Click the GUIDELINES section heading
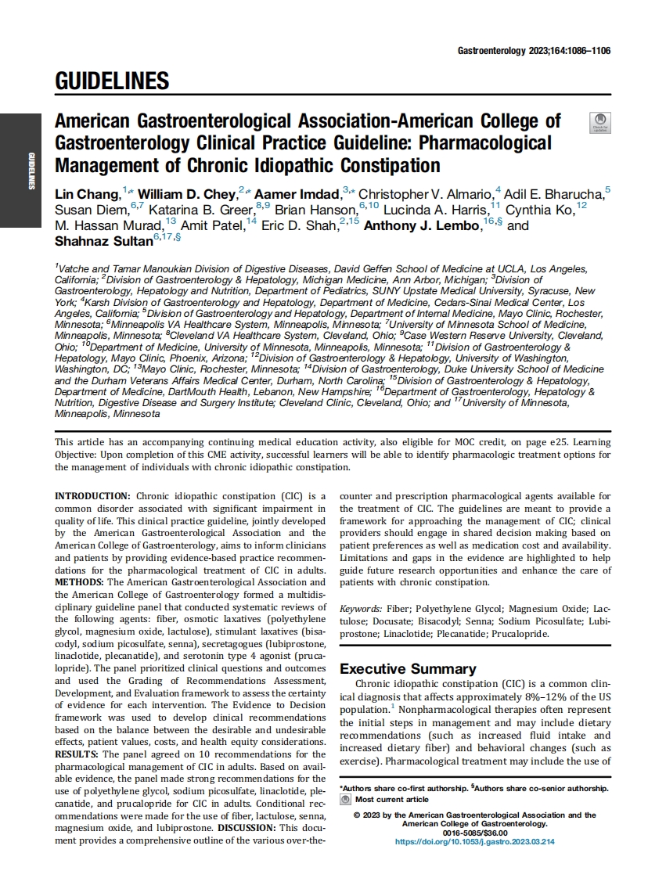point(112,81)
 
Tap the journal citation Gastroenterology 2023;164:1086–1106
point(534,51)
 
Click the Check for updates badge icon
point(600,123)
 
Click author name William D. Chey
point(186,194)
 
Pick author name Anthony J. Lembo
point(422,225)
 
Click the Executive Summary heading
point(407,669)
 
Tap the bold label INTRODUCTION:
point(92,496)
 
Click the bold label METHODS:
point(79,582)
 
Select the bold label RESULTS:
point(77,754)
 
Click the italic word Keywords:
point(361,609)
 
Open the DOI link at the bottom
point(475,841)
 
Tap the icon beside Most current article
point(345,800)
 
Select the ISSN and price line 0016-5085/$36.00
point(475,833)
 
